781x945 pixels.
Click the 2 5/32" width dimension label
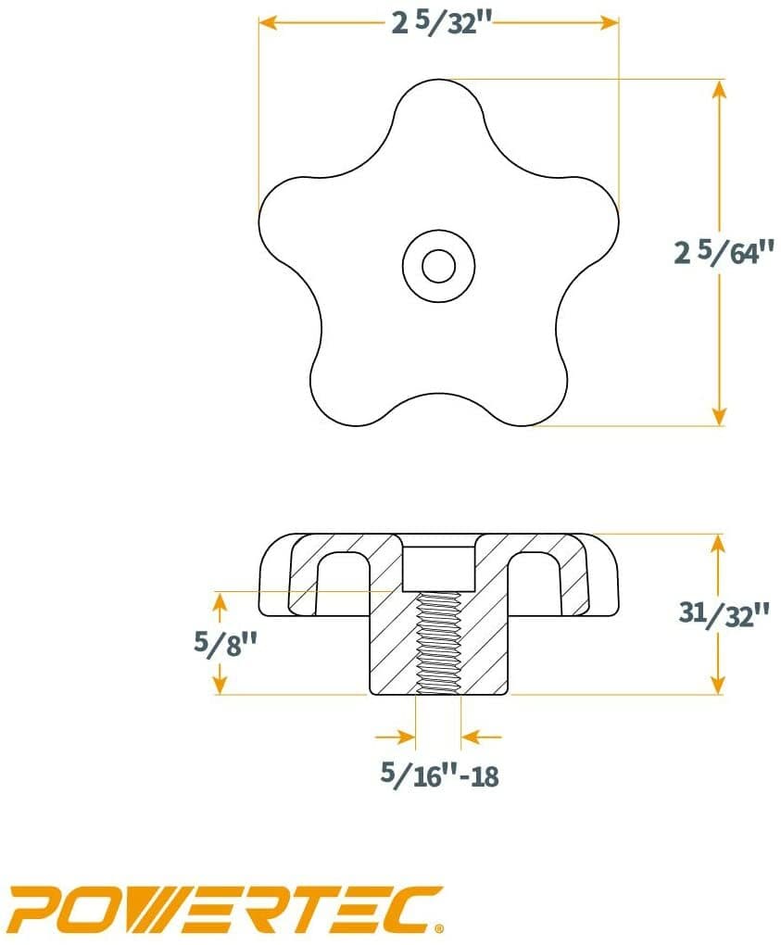(x=439, y=23)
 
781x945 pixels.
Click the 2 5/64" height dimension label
(x=723, y=252)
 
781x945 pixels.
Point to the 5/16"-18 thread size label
(x=439, y=775)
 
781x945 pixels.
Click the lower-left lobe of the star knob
(x=347, y=389)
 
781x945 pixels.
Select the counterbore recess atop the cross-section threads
(x=438, y=567)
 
